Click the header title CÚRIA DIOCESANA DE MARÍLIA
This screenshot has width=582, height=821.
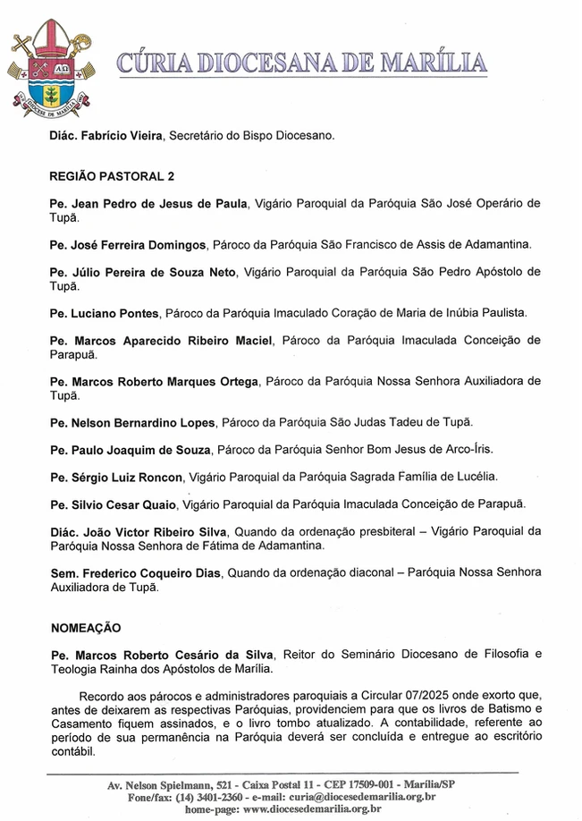click(x=302, y=63)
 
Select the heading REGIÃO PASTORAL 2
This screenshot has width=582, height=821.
click(x=112, y=176)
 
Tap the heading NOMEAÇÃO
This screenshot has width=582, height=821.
click(x=85, y=628)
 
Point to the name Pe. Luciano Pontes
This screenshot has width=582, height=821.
click(x=105, y=313)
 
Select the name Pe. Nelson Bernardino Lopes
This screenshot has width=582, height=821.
click(x=132, y=422)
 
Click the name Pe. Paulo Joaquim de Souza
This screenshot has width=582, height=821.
click(x=131, y=449)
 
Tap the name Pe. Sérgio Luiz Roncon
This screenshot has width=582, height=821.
click(x=115, y=476)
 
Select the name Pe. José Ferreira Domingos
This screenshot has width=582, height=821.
click(x=129, y=244)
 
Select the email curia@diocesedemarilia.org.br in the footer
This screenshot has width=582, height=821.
click(x=362, y=796)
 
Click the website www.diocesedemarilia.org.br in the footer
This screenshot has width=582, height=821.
click(x=311, y=808)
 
